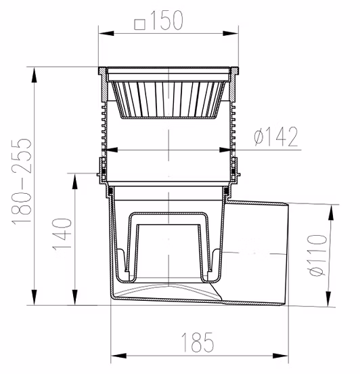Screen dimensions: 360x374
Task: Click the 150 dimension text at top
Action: point(166,20)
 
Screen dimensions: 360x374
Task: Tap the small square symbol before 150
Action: point(140,24)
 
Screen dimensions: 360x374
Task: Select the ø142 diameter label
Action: point(276,136)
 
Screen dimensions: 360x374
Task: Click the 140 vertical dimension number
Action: point(62,234)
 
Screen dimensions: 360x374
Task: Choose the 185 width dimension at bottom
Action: point(198,343)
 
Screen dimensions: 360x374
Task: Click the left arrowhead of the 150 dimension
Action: point(106,33)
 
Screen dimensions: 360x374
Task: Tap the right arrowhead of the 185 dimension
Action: point(280,356)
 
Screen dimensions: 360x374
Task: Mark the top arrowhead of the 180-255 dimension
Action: point(35,75)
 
